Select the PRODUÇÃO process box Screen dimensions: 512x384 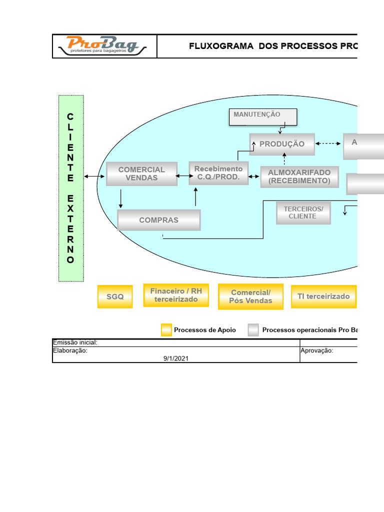point(282,144)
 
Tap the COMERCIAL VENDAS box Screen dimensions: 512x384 point(141,173)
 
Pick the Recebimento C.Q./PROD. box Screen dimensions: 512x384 point(218,173)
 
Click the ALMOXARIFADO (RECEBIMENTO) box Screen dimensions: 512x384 point(299,176)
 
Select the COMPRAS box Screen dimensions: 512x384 point(158,220)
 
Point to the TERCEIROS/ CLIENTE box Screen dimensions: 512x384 point(303,212)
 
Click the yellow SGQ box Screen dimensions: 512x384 point(115,296)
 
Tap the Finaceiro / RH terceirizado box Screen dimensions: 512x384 point(176,295)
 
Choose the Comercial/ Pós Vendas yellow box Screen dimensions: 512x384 point(250,296)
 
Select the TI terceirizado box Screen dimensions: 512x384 point(323,296)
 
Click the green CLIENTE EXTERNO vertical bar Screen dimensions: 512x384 point(70,188)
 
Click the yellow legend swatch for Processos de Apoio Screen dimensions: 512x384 point(166,330)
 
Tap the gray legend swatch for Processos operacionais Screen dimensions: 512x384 point(253,330)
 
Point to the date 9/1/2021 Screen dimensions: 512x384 point(176,358)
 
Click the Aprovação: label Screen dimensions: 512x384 point(317,350)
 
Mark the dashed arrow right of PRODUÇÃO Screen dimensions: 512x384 point(328,143)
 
